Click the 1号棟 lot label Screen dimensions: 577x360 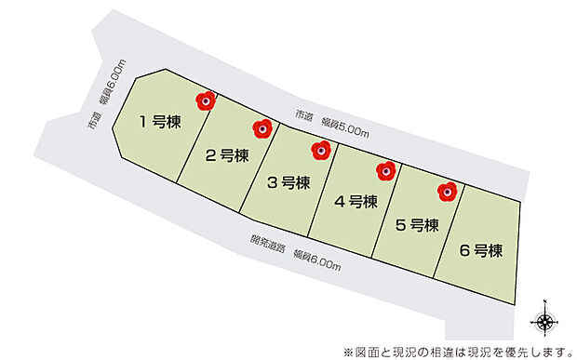tap(160, 121)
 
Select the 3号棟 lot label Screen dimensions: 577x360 tap(288, 182)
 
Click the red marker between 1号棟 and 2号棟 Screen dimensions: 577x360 tap(206, 100)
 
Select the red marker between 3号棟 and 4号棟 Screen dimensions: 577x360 tap(322, 149)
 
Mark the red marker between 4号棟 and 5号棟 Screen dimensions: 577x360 tap(385, 170)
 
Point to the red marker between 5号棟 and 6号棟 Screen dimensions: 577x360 tap(448, 192)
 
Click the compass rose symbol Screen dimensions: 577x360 tap(545, 322)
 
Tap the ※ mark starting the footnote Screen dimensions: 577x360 tap(348, 351)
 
